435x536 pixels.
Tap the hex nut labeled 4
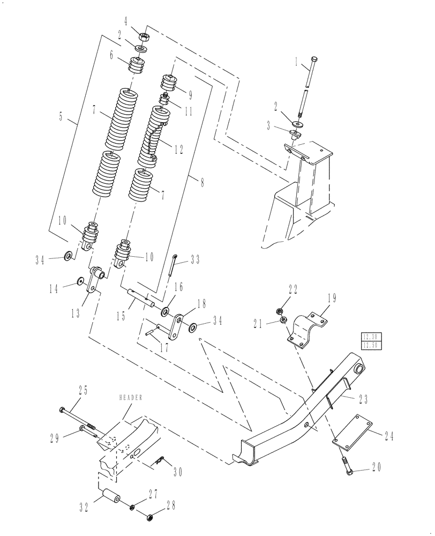(144, 36)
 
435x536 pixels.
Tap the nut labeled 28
(150, 517)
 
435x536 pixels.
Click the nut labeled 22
(279, 310)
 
